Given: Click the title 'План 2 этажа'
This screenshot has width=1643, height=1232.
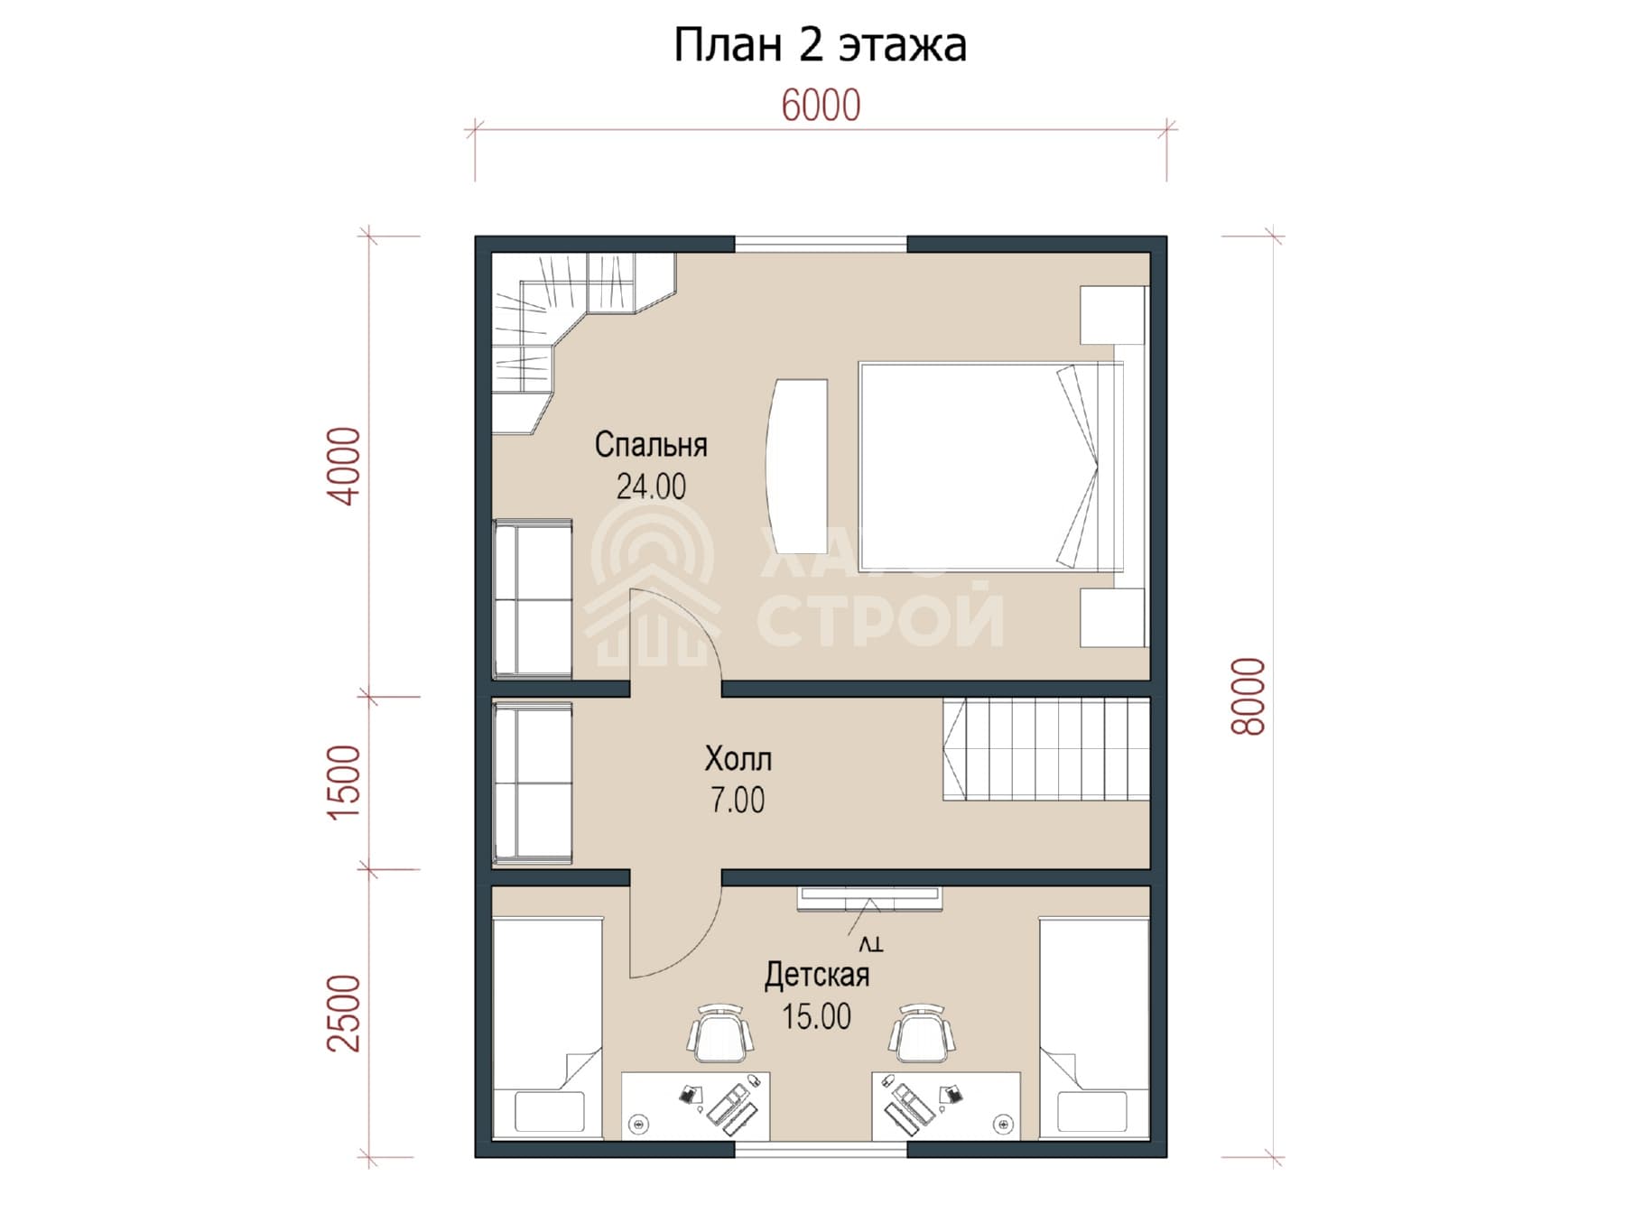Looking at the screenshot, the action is [x=820, y=45].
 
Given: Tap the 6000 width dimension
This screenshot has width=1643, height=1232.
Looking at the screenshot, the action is [x=821, y=106].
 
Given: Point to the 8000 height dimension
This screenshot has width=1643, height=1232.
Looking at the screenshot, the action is [x=1250, y=696].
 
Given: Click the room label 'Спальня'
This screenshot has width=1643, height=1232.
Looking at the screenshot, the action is [x=651, y=445].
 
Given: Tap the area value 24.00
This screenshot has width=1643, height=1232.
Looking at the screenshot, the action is [x=651, y=487].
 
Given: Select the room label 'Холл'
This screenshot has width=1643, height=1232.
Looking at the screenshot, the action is [x=738, y=759].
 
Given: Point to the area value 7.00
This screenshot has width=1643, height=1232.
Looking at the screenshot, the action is [x=738, y=801].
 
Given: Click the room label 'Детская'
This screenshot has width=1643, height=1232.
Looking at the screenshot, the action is [x=817, y=975].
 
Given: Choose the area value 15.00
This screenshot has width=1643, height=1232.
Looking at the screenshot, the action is [x=817, y=1017].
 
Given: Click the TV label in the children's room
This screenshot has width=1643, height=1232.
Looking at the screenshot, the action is [x=870, y=944].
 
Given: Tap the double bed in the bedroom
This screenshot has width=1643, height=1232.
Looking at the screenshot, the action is [x=991, y=467].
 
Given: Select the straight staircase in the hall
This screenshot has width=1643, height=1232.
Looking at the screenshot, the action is [x=1046, y=749].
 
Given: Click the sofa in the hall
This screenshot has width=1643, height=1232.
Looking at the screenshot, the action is [x=533, y=783].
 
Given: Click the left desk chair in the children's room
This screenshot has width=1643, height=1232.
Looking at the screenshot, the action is [x=720, y=1034].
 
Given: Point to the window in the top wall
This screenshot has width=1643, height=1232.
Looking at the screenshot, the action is [x=821, y=244].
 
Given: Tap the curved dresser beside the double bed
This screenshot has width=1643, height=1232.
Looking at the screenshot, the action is [x=797, y=466].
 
